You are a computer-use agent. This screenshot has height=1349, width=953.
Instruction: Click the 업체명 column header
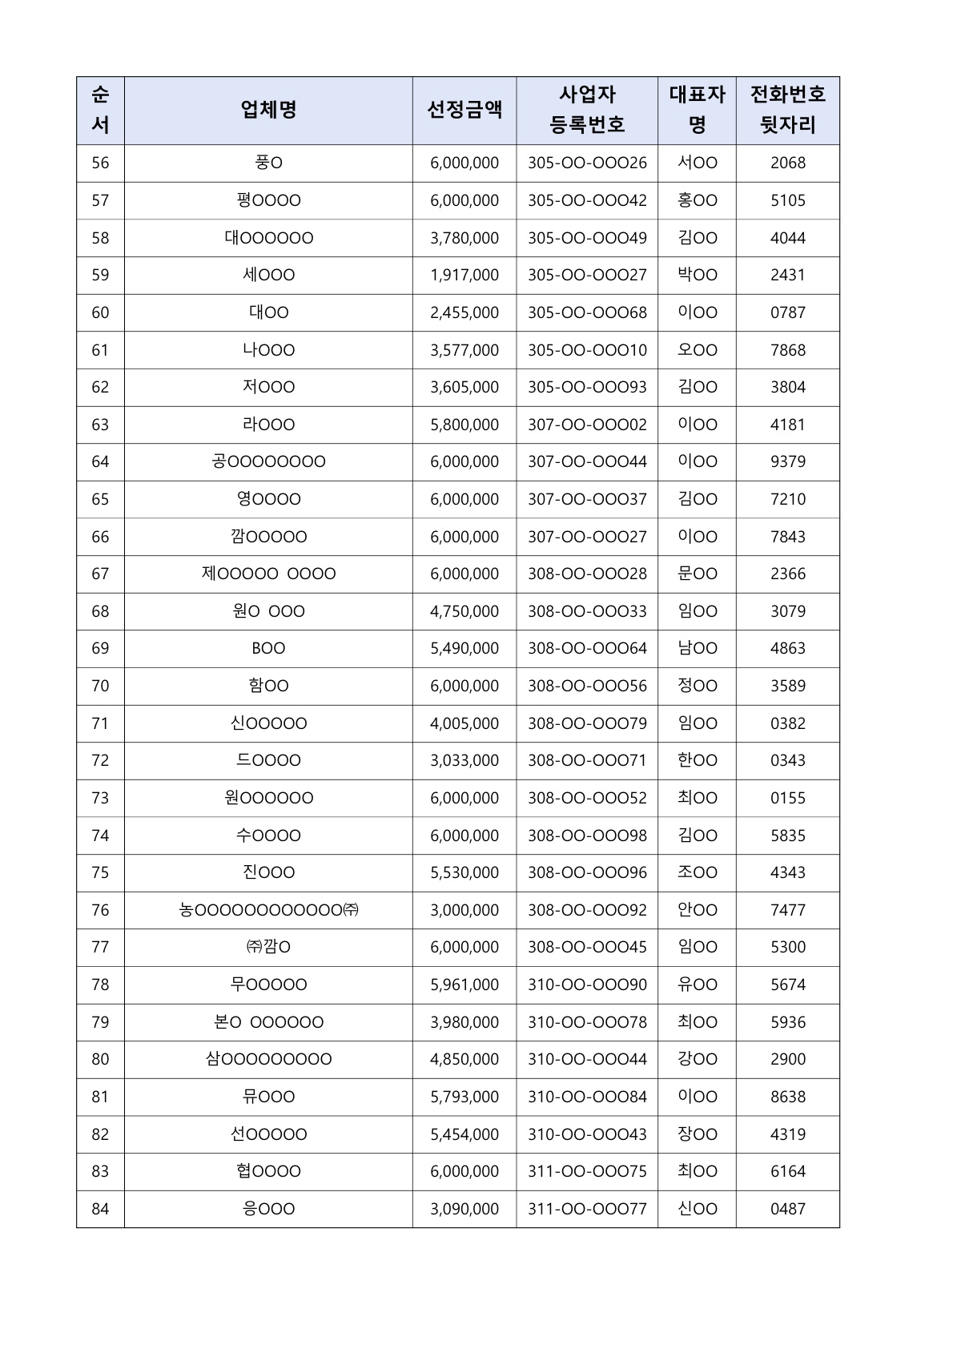[x=268, y=110]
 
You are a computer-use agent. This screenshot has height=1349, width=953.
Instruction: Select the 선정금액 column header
[x=464, y=110]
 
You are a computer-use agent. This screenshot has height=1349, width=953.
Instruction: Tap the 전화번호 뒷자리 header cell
[x=787, y=110]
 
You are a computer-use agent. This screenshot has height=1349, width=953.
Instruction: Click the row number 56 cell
[x=100, y=163]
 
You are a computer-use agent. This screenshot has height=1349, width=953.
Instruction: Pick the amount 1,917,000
[x=464, y=275]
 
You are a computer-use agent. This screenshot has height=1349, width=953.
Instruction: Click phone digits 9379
[x=787, y=461]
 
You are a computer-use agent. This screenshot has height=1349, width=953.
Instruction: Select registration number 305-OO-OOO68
[x=587, y=312]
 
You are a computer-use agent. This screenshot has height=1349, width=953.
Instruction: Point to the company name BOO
[x=268, y=648]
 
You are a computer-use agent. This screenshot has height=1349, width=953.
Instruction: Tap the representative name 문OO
[x=697, y=574]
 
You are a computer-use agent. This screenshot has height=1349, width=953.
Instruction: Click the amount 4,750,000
[x=464, y=611]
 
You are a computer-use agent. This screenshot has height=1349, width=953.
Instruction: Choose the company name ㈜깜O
[x=268, y=947]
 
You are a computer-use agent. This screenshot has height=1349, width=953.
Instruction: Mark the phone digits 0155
[x=787, y=798]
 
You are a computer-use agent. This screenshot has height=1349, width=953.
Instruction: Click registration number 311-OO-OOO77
[x=587, y=1209]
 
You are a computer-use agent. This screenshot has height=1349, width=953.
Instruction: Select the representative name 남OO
[x=697, y=648]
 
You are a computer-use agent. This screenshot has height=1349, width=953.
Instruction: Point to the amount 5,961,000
[x=464, y=985]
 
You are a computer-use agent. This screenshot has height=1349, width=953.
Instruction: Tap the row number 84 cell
[x=100, y=1209]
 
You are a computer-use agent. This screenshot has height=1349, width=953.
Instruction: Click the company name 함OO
[x=268, y=686]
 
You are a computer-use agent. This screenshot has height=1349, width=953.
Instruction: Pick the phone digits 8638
[x=787, y=1097]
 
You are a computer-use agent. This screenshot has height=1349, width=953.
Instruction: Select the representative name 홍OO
[x=697, y=200]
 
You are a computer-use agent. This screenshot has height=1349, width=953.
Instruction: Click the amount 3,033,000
[x=464, y=760]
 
